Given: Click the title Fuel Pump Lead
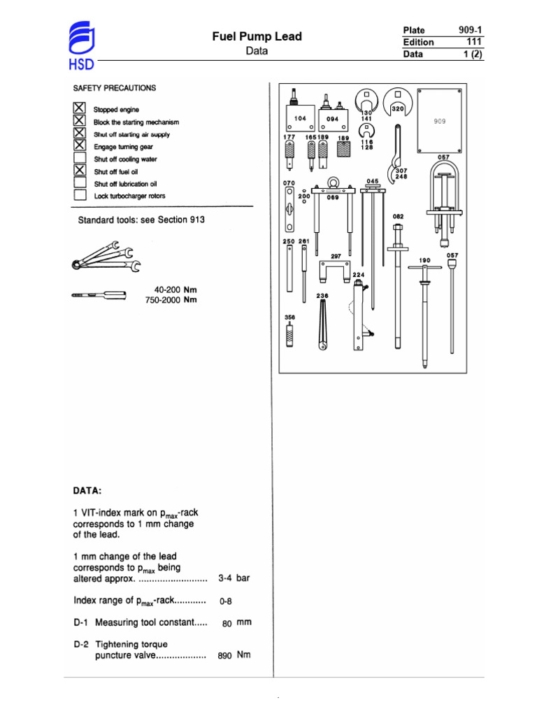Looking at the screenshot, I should tap(257, 36).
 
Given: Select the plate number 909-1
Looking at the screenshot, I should tap(471, 30).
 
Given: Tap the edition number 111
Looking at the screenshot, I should tap(475, 42).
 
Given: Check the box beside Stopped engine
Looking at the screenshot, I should tap(80, 109).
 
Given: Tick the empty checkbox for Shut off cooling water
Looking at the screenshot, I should tap(80, 159).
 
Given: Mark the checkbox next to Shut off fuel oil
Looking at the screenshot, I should tap(80, 171).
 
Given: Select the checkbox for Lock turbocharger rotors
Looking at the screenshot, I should tap(80, 196).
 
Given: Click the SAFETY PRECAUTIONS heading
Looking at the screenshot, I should tap(115, 88).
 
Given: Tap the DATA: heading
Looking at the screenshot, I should tap(87, 491).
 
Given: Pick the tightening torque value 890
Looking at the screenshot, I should tap(224, 656).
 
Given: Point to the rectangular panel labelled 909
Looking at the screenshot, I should tap(440, 120).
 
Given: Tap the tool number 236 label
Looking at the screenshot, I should tap(322, 296).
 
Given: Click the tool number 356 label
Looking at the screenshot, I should tap(290, 317).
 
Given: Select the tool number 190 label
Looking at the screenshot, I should tap(424, 260).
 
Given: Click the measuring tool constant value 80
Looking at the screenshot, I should tap(227, 623).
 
